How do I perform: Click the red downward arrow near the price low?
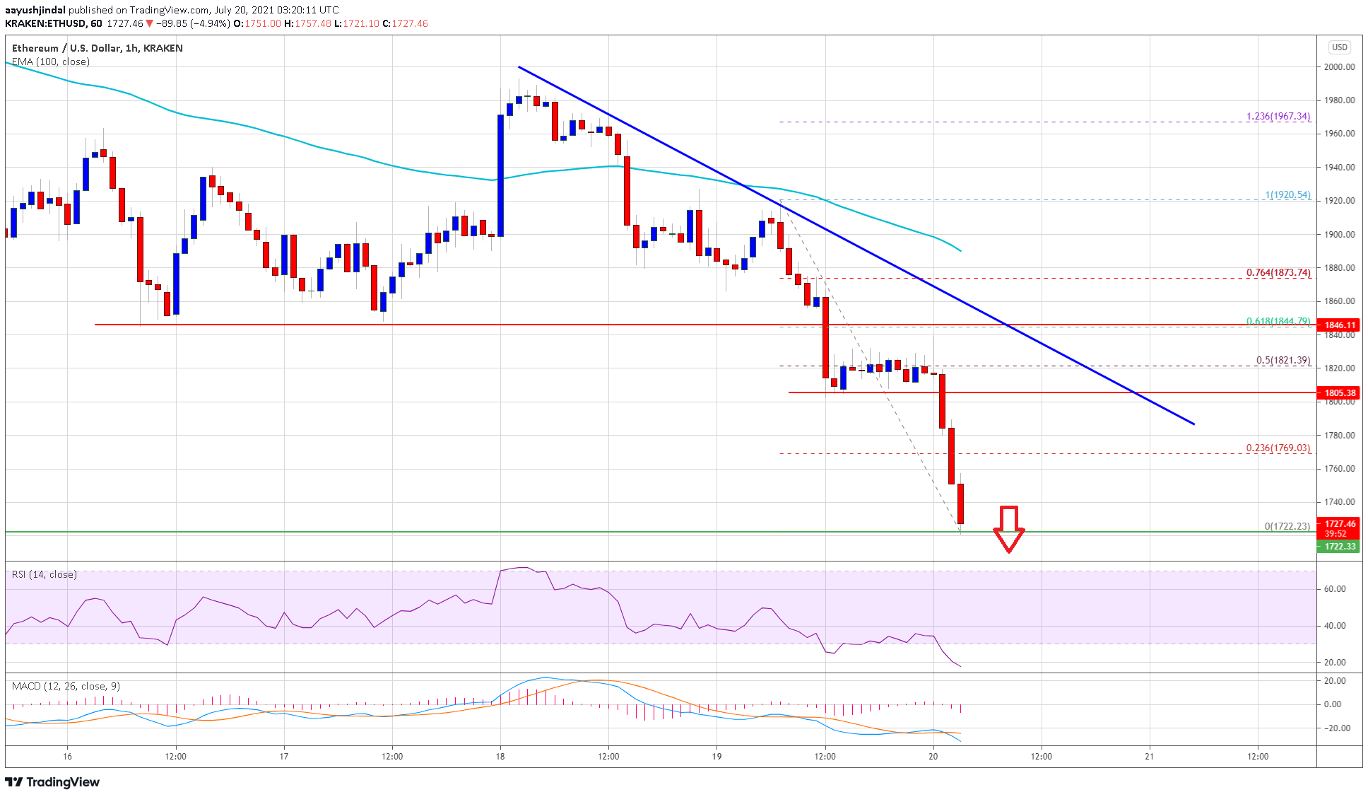(1008, 528)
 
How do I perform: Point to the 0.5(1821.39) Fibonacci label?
(1282, 361)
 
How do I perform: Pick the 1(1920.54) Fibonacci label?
(1287, 195)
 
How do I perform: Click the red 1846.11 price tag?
(1340, 325)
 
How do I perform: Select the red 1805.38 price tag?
(1340, 393)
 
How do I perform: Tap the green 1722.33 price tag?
(1340, 547)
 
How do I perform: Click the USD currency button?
(1339, 47)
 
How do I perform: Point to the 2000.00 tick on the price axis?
(1339, 67)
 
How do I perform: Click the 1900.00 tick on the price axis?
(1339, 235)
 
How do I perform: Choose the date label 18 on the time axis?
(500, 757)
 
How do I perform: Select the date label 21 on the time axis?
(1150, 757)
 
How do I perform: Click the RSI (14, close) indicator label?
(45, 575)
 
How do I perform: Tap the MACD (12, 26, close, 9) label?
(66, 687)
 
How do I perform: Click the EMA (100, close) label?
(51, 62)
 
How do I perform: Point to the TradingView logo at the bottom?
(53, 782)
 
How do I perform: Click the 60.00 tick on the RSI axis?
(1334, 589)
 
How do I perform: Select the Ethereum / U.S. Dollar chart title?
(98, 48)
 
